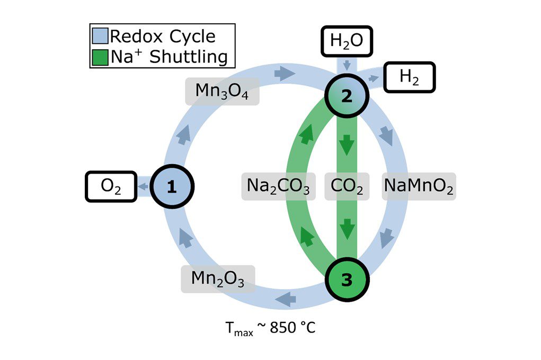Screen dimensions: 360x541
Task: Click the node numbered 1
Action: (172, 186)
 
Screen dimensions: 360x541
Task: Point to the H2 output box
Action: (409, 78)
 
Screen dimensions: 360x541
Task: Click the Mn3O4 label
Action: (222, 92)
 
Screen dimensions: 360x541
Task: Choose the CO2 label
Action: (347, 186)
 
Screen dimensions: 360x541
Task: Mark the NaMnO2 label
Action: (419, 186)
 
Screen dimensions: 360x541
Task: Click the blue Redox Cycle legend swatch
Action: (100, 37)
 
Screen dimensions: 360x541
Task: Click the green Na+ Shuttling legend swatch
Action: (100, 56)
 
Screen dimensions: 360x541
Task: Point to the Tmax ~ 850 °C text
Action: (270, 327)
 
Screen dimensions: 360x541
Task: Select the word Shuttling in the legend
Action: (189, 56)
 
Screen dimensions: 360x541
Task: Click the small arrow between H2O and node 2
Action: (347, 66)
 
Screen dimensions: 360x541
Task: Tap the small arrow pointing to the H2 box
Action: (374, 79)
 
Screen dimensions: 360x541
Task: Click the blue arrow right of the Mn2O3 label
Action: (286, 298)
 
